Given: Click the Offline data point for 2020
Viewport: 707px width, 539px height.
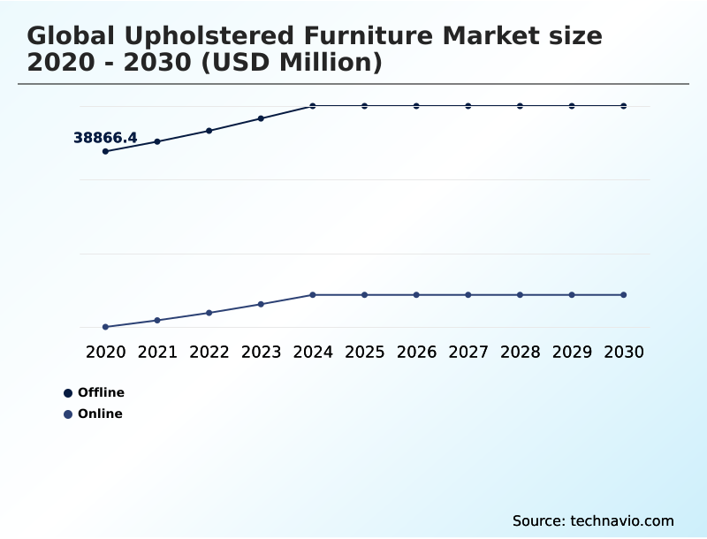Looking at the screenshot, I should click(x=105, y=151).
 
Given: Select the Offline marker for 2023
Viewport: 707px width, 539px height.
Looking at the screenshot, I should click(x=261, y=118).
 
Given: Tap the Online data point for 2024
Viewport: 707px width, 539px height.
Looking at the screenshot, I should click(x=313, y=294).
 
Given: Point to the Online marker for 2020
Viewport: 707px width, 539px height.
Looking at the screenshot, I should click(x=105, y=327).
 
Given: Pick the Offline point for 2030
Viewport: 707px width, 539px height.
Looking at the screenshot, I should click(x=624, y=106).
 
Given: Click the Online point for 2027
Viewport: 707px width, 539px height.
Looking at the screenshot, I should click(x=468, y=294).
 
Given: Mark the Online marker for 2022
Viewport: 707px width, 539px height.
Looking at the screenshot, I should click(x=209, y=313).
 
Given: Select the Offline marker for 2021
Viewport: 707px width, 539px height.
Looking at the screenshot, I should click(x=157, y=141).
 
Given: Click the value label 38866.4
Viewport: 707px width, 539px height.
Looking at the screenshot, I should click(x=105, y=138).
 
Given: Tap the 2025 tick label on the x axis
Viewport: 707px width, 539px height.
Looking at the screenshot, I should click(x=364, y=352).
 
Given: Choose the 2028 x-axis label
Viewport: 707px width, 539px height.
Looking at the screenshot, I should click(x=520, y=352).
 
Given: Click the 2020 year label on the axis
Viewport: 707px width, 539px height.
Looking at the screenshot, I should click(x=105, y=352).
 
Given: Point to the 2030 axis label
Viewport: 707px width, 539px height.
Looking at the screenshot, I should click(x=624, y=352).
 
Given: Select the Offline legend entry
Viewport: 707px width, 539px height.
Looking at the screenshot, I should click(x=95, y=392).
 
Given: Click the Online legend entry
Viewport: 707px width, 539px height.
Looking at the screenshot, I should click(x=94, y=414).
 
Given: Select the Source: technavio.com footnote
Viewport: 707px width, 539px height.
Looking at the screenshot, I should click(x=593, y=520).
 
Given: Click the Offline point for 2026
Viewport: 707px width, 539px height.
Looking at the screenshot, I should click(x=416, y=106).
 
